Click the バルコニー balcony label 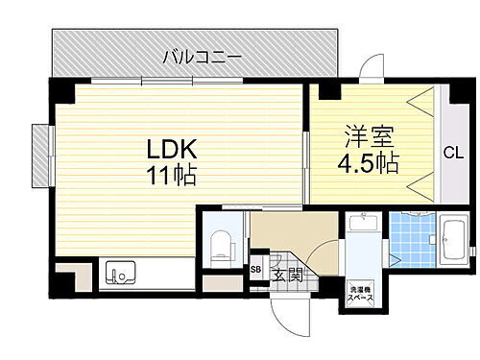pos(202,57)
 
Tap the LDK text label pos(173,151)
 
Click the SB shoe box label pos(255,270)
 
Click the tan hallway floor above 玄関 pos(288,233)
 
